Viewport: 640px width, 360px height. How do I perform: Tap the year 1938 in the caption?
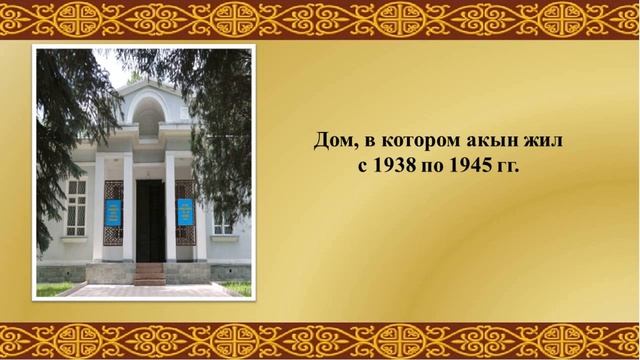[x=394, y=166]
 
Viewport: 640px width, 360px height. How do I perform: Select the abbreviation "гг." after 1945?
[x=507, y=166]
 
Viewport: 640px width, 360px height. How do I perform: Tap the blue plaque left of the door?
[x=114, y=212]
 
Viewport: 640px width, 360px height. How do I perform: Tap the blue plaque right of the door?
[x=185, y=212]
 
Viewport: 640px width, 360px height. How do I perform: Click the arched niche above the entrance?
[x=149, y=113]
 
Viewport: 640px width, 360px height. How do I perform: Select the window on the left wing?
[x=76, y=207]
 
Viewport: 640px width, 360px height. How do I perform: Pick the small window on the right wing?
[x=222, y=222]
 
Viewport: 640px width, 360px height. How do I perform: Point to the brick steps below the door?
[x=149, y=272]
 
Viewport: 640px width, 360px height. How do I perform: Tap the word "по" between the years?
[x=432, y=166]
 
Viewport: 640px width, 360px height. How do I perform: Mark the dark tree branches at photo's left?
[x=55, y=130]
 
